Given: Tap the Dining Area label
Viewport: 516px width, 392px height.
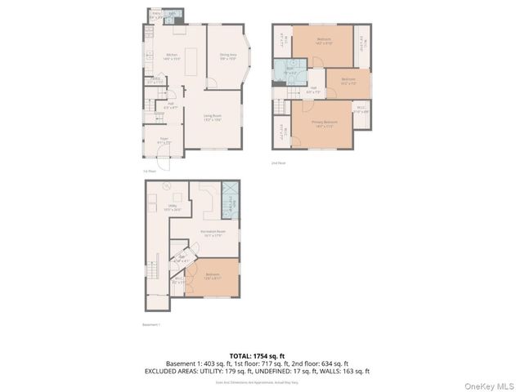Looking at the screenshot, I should pyautogui.click(x=228, y=56).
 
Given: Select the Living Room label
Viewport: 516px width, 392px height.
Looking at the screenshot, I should pyautogui.click(x=213, y=119).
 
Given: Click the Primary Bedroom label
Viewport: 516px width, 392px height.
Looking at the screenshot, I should pyautogui.click(x=324, y=123).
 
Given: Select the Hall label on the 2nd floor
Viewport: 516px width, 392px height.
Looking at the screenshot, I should pyautogui.click(x=313, y=90).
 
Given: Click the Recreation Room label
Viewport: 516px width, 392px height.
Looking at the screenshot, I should pyautogui.click(x=213, y=233).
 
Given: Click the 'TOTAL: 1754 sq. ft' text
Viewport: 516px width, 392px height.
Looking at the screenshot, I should pyautogui.click(x=258, y=355).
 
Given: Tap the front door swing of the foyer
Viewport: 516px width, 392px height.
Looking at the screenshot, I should pyautogui.click(x=166, y=162).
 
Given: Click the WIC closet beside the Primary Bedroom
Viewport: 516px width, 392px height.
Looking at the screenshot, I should pyautogui.click(x=361, y=109).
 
